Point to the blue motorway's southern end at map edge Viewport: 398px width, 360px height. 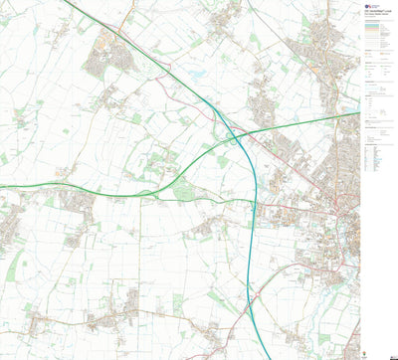pos(269,357)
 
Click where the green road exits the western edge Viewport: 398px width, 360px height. pos(2,185)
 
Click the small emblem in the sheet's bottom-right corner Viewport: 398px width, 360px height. pos(390,353)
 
